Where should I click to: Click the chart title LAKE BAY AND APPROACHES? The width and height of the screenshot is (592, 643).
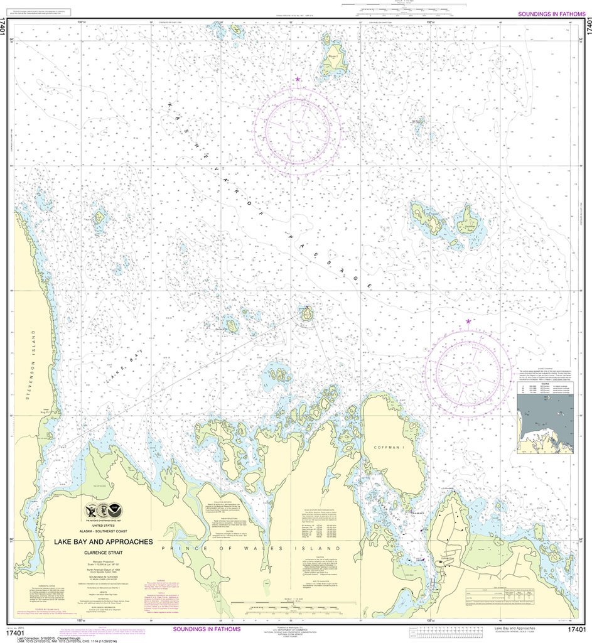[102, 541]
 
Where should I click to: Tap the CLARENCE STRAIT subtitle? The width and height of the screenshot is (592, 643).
[102, 553]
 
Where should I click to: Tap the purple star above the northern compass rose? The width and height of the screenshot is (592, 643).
[298, 79]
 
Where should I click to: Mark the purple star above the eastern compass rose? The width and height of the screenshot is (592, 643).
[468, 321]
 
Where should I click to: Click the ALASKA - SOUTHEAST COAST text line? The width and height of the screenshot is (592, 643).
[102, 531]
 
